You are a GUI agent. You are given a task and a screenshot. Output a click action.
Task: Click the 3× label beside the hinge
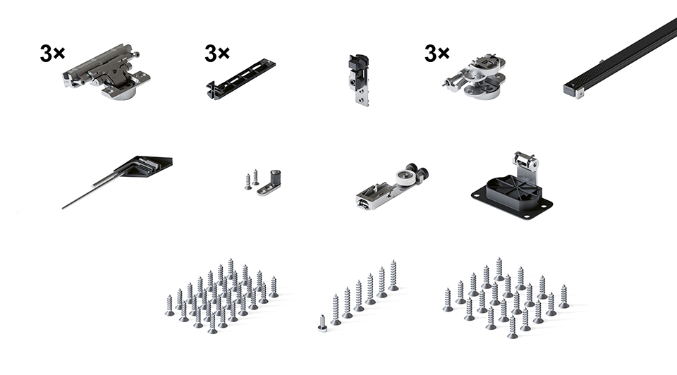tap(52, 53)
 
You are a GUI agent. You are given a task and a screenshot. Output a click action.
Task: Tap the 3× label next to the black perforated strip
tap(217, 53)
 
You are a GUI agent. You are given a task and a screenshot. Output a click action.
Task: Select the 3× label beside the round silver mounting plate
tap(437, 53)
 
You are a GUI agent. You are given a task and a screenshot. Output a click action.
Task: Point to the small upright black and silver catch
tap(359, 80)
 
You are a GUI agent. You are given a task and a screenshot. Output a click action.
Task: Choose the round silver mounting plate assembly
tap(475, 76)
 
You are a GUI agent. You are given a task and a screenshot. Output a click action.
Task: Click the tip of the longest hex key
tap(63, 208)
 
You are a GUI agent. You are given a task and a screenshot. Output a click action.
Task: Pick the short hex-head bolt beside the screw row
tap(322, 324)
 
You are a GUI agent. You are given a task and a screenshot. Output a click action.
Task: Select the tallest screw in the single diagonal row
tap(393, 275)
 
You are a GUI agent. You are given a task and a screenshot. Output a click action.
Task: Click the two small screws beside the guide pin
tap(252, 179)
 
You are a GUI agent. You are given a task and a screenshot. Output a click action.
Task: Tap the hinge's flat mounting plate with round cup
tap(122, 88)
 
